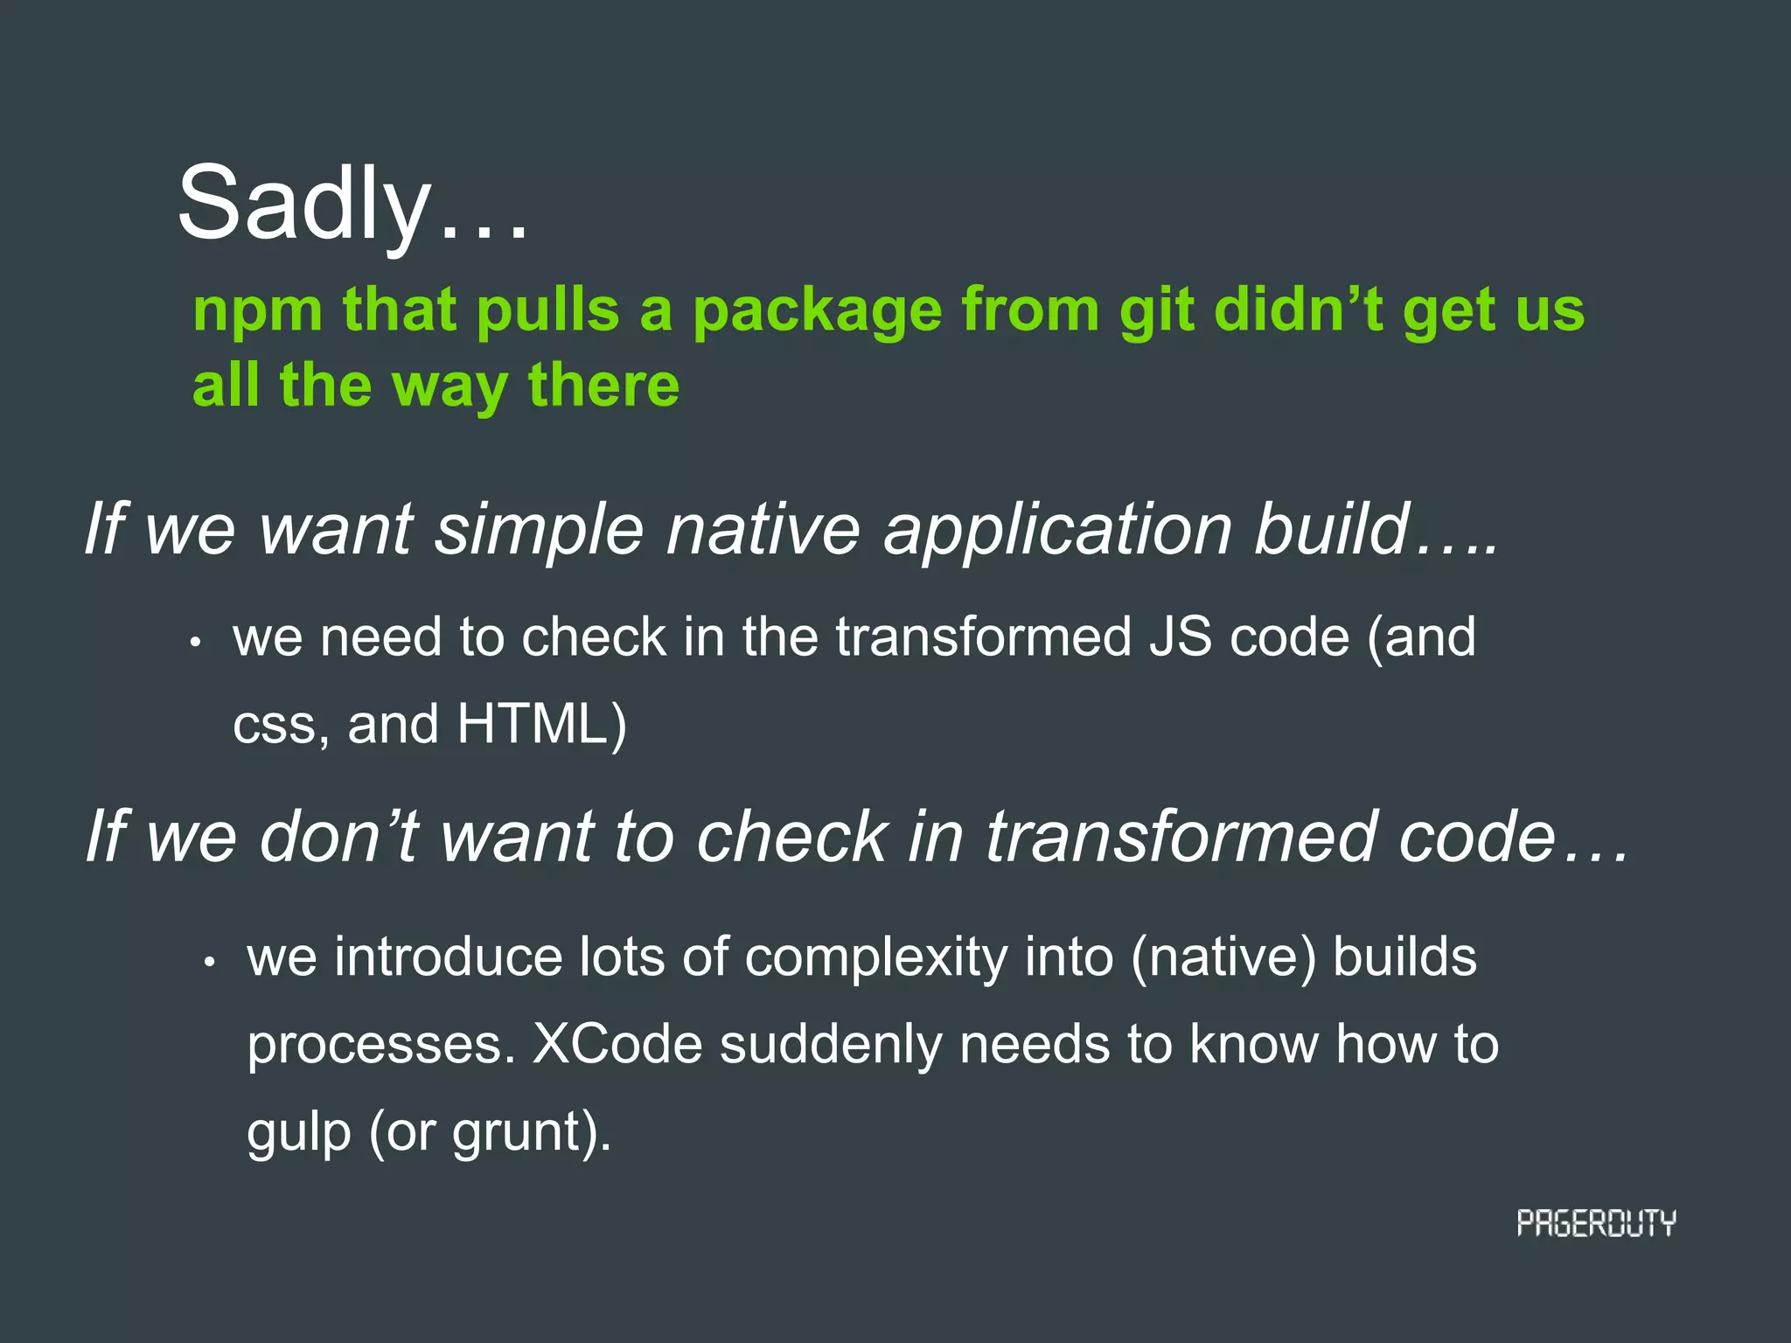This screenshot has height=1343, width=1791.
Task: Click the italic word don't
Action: [340, 838]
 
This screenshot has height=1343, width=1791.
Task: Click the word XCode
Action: [617, 1045]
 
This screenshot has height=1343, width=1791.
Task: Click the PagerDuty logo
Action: [1595, 1223]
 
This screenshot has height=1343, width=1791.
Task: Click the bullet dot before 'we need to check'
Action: [197, 643]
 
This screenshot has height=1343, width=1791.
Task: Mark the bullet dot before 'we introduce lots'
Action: [209, 963]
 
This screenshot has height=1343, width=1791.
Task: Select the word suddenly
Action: [830, 1045]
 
